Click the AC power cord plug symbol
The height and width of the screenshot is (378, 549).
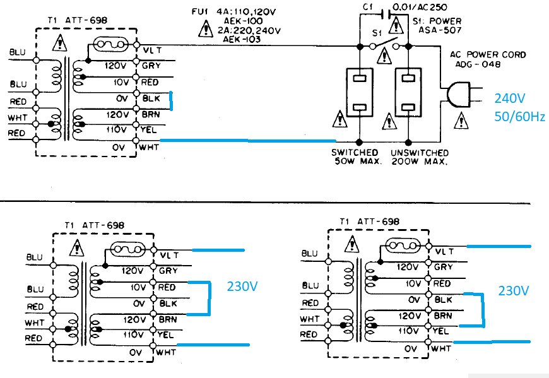(x=458, y=95)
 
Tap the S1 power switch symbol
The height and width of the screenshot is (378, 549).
(x=384, y=44)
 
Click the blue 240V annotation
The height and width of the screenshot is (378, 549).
(x=509, y=98)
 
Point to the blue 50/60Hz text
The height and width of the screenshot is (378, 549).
(x=519, y=117)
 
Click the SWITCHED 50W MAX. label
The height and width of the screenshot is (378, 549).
(x=356, y=157)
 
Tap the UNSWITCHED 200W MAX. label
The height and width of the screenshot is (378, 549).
(x=420, y=157)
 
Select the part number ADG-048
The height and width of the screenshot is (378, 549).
(x=478, y=64)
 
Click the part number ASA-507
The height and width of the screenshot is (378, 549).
(x=440, y=30)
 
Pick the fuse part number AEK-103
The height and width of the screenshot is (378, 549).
(x=242, y=39)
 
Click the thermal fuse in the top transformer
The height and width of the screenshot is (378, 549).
(x=110, y=44)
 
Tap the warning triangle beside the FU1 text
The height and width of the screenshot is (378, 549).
(x=206, y=28)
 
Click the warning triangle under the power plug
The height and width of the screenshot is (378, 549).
(x=461, y=121)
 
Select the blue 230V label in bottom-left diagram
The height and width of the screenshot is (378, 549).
(x=242, y=286)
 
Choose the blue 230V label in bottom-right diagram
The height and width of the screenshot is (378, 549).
(x=513, y=290)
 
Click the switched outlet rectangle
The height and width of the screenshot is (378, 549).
(x=360, y=92)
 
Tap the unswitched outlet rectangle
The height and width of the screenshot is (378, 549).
(x=408, y=92)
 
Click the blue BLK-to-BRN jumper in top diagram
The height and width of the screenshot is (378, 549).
(x=171, y=101)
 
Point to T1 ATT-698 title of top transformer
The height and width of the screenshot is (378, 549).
(x=78, y=20)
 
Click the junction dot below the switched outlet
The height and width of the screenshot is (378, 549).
(x=359, y=142)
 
